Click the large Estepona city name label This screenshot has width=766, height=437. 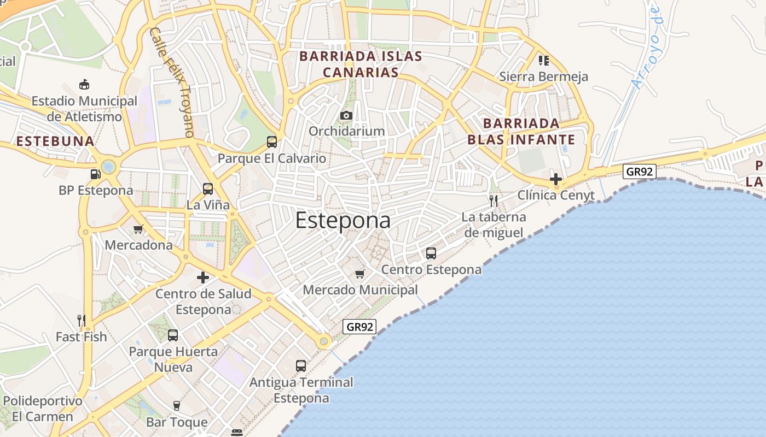point(343,220)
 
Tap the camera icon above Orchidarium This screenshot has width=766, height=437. point(346,116)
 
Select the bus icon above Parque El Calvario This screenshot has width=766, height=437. point(272,142)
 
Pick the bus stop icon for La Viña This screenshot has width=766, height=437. point(208,189)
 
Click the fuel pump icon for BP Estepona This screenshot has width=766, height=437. point(95,174)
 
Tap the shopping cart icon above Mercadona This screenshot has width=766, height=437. point(138,229)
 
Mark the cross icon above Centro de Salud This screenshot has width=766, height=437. point(203,277)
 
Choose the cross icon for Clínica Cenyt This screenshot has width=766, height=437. point(556,179)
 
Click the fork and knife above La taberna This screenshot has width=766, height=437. point(493,200)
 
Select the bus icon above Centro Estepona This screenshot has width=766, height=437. point(431,253)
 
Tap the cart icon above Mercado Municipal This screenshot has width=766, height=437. point(359,274)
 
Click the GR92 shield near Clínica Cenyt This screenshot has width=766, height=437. point(639,172)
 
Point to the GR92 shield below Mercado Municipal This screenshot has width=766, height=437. point(359,327)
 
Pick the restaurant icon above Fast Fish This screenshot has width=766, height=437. point(82,321)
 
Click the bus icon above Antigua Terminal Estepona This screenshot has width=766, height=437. point(301,366)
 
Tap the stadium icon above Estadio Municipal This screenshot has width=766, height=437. point(84,85)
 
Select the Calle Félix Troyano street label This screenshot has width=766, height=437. point(172,82)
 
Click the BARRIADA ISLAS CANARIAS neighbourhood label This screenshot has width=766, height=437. point(361,64)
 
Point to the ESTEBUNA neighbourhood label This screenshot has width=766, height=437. point(55,141)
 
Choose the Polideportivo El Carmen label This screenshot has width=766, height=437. point(42,409)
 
